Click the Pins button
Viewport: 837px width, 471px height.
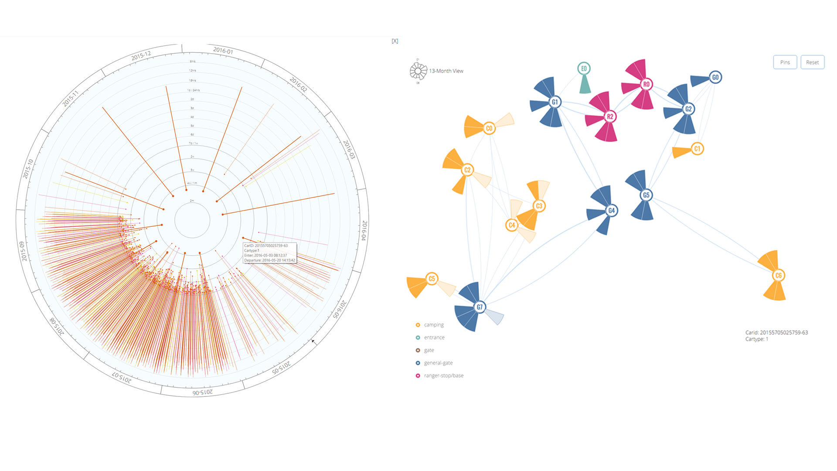(x=785, y=62)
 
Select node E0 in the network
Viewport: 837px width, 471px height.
(x=584, y=68)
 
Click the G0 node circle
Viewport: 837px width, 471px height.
(x=715, y=77)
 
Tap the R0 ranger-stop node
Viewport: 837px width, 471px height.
(x=646, y=84)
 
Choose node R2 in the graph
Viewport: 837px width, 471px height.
(x=610, y=116)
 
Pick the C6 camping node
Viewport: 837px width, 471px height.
(x=778, y=275)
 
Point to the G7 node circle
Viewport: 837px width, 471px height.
(x=480, y=307)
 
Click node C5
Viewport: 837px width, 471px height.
(x=432, y=279)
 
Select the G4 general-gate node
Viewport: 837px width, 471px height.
(x=611, y=211)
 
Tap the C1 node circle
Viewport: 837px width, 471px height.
(x=697, y=149)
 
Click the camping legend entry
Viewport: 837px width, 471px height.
(x=433, y=325)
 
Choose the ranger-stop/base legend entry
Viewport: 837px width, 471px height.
(x=443, y=375)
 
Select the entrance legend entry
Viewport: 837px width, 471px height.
(x=434, y=338)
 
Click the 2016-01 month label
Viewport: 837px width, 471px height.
(x=223, y=51)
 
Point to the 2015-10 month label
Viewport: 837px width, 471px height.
(x=28, y=169)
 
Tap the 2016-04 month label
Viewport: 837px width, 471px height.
(x=364, y=230)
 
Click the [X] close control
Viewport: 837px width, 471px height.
(x=395, y=41)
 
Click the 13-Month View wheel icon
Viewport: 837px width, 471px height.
(x=418, y=71)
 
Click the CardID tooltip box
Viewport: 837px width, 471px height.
(x=269, y=253)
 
